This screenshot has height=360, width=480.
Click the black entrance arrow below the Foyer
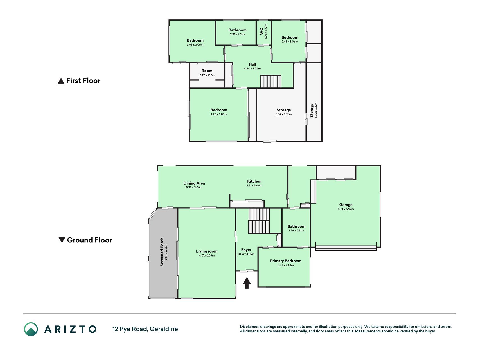tap(247, 283)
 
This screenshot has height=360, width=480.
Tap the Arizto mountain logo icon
tap(31, 329)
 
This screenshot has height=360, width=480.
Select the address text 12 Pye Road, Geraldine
tap(145, 329)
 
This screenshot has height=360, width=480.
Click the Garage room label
tap(346, 205)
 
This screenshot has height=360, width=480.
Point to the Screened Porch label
tap(162, 252)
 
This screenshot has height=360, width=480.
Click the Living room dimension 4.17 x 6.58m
tap(207, 255)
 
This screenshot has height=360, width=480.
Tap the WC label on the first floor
tap(262, 31)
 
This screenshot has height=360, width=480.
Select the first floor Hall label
tap(253, 64)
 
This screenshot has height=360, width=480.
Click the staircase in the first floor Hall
tap(271, 81)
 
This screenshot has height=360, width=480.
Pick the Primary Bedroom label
tap(286, 261)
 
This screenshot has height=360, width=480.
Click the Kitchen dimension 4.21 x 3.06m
tap(254, 186)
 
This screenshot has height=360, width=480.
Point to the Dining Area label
tap(194, 183)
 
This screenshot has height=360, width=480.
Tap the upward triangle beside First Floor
tap(61, 81)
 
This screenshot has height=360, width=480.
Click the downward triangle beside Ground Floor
tap(62, 240)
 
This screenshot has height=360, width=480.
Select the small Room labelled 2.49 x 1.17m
tap(207, 73)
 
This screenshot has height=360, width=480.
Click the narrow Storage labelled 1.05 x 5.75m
tap(314, 102)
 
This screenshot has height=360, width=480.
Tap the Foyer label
tap(246, 250)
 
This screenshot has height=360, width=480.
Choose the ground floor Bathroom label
tap(296, 226)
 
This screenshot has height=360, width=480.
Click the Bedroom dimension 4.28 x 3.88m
tap(219, 114)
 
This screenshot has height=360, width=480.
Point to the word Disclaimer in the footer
tap(249, 327)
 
